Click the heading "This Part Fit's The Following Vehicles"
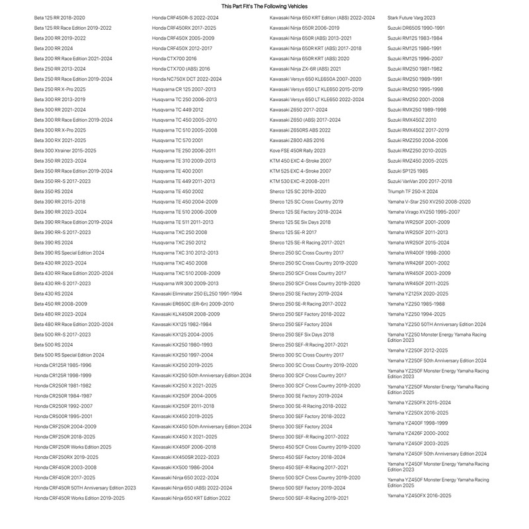[x=264, y=6]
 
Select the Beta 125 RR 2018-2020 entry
[x=60, y=18]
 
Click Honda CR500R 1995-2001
[x=63, y=416]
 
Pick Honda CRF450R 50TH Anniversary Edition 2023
[x=85, y=487]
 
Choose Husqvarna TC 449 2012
[x=178, y=110]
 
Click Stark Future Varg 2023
[x=411, y=18]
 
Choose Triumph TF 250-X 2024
[x=413, y=191]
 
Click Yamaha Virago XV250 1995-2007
[x=423, y=212]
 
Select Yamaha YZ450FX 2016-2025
[x=419, y=495]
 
